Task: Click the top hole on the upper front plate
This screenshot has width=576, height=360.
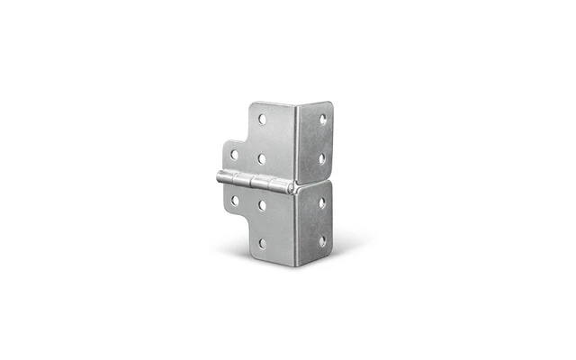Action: (x=263, y=119)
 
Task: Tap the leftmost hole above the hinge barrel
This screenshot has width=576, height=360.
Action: (x=235, y=155)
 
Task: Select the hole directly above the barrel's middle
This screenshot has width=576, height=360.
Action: (x=261, y=158)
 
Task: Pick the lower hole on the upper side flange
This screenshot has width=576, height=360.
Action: (x=321, y=157)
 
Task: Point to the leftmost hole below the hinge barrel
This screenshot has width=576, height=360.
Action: (x=235, y=200)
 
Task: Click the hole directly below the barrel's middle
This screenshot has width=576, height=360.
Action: (x=261, y=204)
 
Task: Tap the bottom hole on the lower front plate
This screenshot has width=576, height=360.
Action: (x=262, y=243)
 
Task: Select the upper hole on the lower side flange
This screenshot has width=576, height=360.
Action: (x=321, y=202)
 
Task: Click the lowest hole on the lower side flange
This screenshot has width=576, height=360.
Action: (x=321, y=241)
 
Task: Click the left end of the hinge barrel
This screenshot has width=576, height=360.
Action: (x=219, y=177)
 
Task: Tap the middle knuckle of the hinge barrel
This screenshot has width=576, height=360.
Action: (x=255, y=182)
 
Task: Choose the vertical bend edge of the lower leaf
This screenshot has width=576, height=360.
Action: (x=298, y=225)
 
